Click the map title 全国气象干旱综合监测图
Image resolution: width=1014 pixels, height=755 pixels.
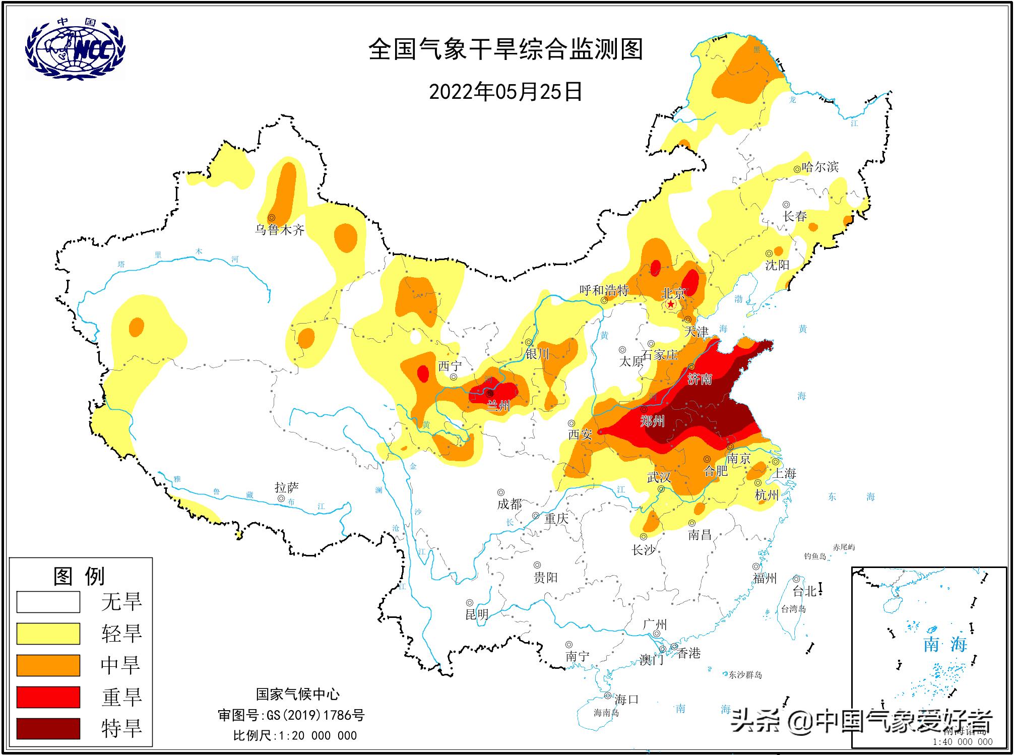tap(505, 50)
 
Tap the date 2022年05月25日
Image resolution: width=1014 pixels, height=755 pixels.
tap(505, 92)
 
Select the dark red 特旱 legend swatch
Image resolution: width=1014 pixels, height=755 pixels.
tap(48, 728)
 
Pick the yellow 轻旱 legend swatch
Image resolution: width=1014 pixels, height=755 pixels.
tap(48, 634)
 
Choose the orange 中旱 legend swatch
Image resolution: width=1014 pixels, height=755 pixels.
tap(48, 665)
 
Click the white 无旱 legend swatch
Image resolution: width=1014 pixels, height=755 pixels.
tap(48, 602)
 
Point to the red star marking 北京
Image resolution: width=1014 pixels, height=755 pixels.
tap(671, 304)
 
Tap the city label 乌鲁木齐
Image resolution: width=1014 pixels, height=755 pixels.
tap(280, 230)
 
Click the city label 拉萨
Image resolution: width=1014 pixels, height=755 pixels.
tap(287, 487)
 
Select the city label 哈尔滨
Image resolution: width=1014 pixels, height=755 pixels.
tap(820, 167)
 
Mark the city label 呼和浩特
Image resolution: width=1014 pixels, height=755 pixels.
tap(604, 290)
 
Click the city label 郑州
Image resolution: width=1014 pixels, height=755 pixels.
tap(653, 421)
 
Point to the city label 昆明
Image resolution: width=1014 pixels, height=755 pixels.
tap(477, 614)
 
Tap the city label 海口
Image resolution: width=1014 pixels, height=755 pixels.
tap(626, 699)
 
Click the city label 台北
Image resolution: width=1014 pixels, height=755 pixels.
tap(805, 591)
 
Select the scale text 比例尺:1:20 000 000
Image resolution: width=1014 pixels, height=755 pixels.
tap(295, 735)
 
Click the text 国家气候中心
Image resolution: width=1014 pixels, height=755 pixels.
tap(297, 695)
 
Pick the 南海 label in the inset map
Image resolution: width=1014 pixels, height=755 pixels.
tap(945, 644)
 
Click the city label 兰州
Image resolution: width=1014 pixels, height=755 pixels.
tap(498, 406)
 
